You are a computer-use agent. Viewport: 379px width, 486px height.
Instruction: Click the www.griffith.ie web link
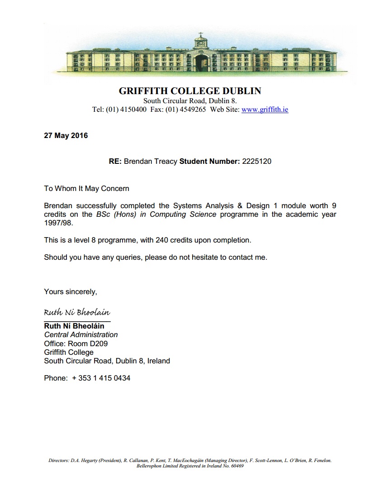click(265, 110)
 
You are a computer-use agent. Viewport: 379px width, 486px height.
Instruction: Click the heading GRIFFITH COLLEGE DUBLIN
click(189, 91)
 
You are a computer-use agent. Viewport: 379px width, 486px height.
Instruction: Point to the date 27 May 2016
click(66, 135)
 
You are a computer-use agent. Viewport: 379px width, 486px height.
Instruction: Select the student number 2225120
click(256, 161)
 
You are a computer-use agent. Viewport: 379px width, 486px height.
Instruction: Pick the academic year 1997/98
click(58, 223)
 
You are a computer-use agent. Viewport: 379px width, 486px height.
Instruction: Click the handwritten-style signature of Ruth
click(77, 313)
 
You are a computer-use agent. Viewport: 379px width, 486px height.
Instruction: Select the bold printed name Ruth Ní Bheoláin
click(74, 326)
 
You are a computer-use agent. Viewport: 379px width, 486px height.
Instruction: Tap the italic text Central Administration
click(81, 335)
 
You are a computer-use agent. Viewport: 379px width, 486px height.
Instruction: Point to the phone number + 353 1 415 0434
click(101, 378)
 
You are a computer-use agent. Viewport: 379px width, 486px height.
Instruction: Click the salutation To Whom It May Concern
click(86, 188)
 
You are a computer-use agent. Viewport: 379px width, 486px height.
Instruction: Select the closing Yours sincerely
click(70, 291)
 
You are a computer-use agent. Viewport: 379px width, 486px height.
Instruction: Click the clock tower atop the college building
click(199, 41)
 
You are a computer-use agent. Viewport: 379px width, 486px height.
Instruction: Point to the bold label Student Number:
click(209, 161)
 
